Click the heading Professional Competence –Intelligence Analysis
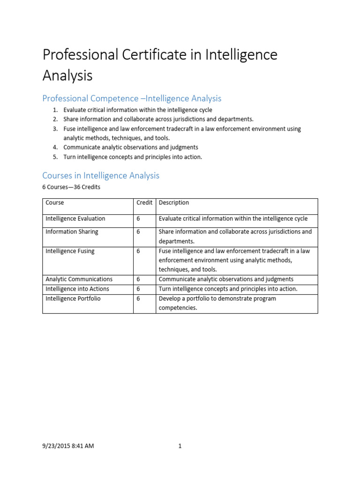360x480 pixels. [x=132, y=98]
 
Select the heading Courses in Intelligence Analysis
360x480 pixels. [x=101, y=175]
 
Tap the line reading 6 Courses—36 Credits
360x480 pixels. [x=71, y=187]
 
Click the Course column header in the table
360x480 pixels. [x=55, y=202]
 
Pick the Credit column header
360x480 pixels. [x=144, y=202]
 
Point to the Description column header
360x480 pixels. [x=174, y=202]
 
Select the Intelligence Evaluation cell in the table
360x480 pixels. [x=75, y=218]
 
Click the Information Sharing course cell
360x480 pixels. [x=72, y=232]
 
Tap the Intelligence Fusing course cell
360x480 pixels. [x=70, y=251]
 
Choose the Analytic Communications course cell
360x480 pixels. [x=79, y=279]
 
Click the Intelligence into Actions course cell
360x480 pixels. [x=77, y=289]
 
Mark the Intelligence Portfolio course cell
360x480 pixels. [x=73, y=299]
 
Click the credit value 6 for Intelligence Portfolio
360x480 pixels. [x=138, y=299]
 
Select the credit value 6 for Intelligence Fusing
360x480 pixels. [x=138, y=251]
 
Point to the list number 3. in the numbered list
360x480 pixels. [x=55, y=128]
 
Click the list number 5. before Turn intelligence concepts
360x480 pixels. [x=55, y=157]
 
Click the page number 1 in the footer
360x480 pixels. [x=180, y=446]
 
